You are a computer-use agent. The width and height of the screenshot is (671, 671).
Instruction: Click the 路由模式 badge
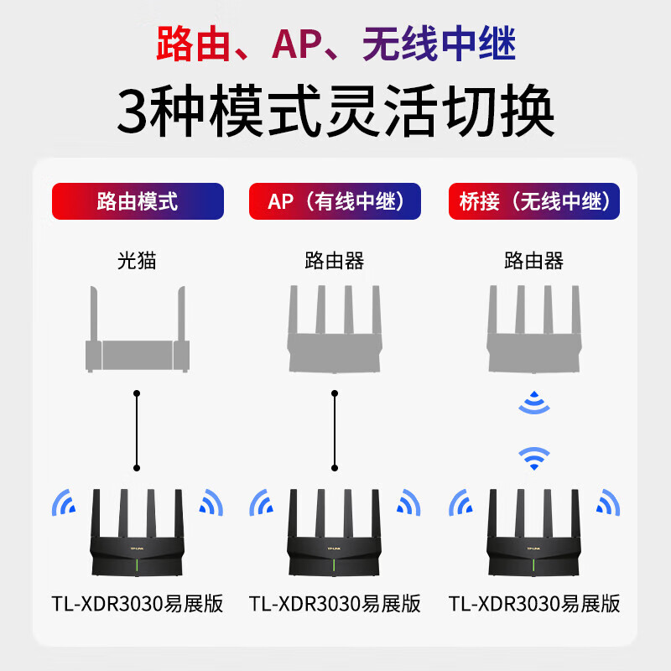[138, 201]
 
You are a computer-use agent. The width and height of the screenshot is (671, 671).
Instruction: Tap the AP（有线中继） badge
[335, 201]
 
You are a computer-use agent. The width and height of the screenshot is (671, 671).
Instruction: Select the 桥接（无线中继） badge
[534, 201]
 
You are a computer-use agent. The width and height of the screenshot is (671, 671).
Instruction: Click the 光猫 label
[137, 260]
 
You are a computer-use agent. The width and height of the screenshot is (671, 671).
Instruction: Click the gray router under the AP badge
[335, 329]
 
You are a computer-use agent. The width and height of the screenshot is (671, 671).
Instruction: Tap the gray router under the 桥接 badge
[534, 329]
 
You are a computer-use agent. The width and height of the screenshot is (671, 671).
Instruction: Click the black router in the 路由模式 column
[137, 533]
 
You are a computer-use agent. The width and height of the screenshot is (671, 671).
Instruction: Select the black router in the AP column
[334, 533]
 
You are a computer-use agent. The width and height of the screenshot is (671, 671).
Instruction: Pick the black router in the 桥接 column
[533, 533]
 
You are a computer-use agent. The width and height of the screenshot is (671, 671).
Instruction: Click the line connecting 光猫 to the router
[137, 430]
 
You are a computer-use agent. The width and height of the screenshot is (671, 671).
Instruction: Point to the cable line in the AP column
[335, 430]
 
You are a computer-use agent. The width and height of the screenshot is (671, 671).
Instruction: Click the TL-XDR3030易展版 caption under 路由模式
[138, 604]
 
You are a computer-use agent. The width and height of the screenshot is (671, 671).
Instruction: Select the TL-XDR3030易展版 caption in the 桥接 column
[534, 604]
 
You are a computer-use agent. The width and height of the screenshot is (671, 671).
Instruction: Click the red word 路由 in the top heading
[194, 44]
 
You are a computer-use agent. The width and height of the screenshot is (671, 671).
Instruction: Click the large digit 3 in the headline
[133, 111]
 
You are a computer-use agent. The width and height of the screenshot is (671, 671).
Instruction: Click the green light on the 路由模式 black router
[137, 564]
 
